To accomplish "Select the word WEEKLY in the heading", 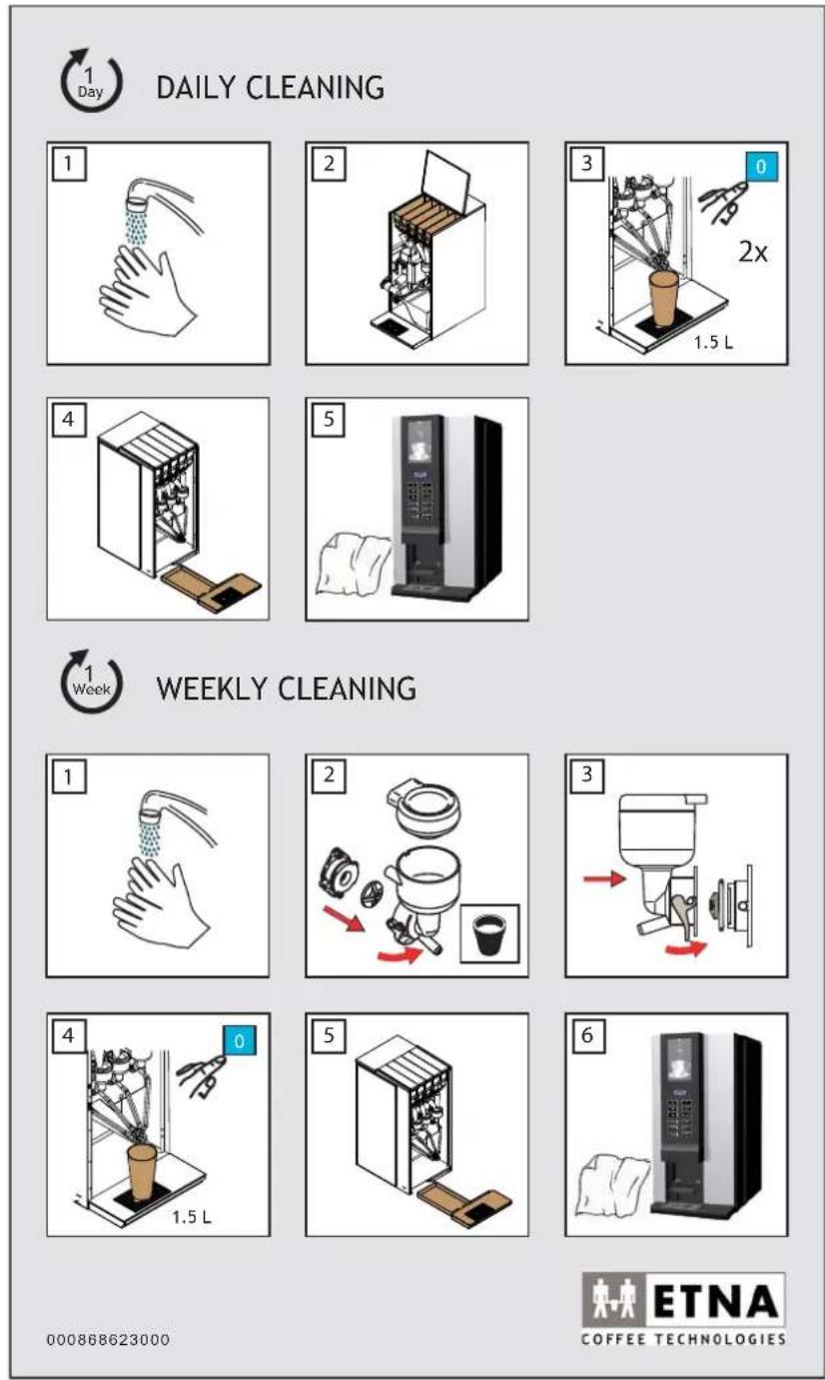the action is [212, 689].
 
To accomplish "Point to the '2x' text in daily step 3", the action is [753, 252].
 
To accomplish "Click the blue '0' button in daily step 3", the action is [762, 166].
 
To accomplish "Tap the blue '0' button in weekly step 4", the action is [239, 1041].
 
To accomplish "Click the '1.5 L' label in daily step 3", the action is [713, 343].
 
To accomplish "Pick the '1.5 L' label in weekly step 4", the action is [192, 1217].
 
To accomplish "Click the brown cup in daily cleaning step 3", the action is [663, 298].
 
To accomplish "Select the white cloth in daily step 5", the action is [353, 565].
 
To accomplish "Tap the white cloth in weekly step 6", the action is [612, 1186].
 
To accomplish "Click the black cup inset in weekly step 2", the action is [489, 933].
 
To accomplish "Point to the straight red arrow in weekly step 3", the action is [604, 878].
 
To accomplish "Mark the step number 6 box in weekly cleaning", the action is [586, 1034].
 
